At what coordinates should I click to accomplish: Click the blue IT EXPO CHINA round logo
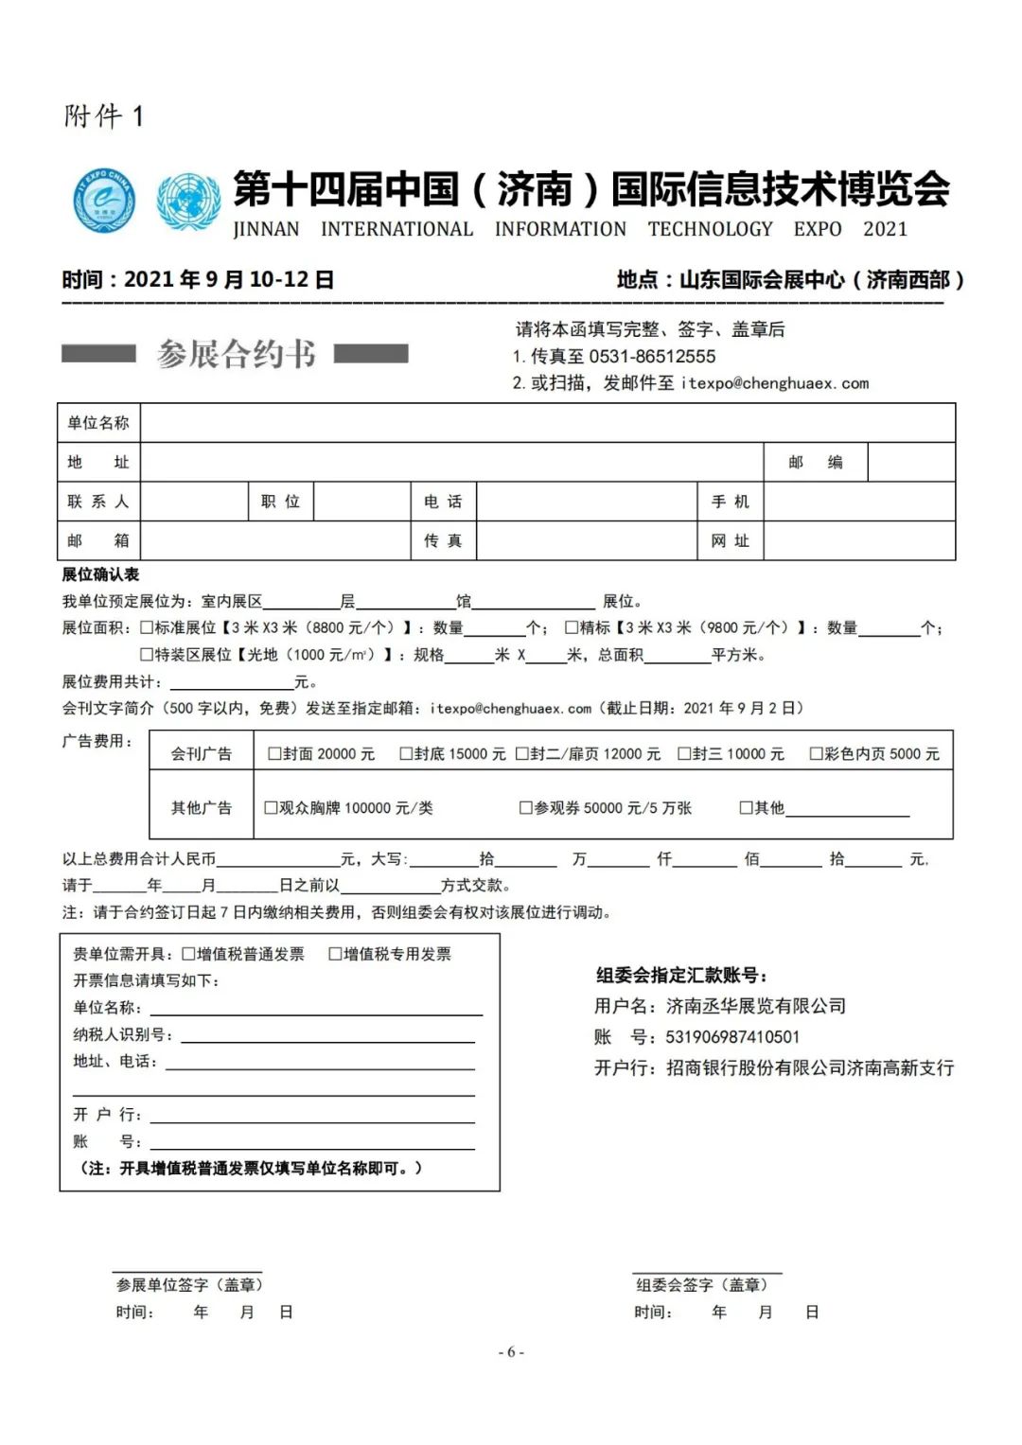point(105,201)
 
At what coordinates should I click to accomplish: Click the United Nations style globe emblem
point(188,201)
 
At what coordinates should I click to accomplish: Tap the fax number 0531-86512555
point(652,357)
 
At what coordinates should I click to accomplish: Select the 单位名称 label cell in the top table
point(98,423)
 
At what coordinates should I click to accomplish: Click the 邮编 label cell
point(815,463)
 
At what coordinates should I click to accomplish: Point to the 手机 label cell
point(730,502)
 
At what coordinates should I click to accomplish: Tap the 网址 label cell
point(730,541)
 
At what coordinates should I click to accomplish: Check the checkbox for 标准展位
point(147,627)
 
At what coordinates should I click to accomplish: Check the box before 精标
point(572,627)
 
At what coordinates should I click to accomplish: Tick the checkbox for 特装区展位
point(147,654)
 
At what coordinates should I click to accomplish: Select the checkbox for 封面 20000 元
point(274,754)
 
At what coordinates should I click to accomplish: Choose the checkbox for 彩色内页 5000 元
point(816,754)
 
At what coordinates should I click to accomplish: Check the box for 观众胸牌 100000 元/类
point(271,808)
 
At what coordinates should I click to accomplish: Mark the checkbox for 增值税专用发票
point(335,954)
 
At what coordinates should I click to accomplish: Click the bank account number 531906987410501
point(732,1037)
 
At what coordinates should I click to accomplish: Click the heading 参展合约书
point(236,354)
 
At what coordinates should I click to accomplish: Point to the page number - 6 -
point(511,1352)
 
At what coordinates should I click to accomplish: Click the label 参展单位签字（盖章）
point(189,1285)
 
